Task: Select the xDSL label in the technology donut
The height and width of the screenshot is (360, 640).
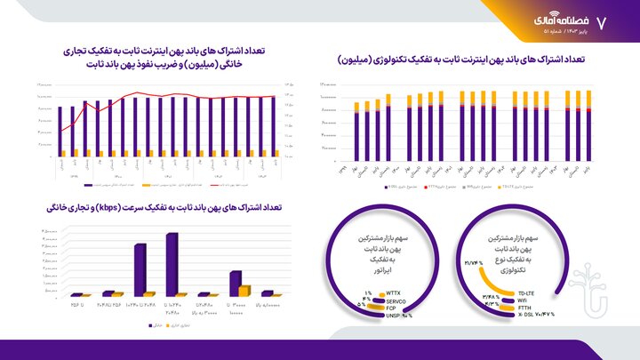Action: tap(524, 314)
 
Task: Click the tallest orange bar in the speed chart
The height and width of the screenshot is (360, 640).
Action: tap(244, 290)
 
